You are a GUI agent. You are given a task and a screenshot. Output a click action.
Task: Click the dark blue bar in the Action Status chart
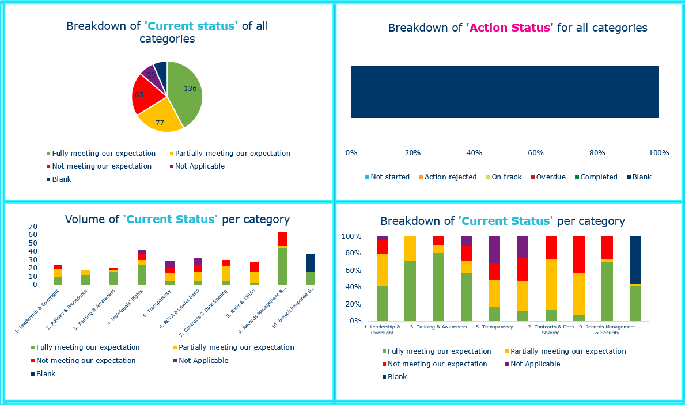pyautogui.click(x=505, y=91)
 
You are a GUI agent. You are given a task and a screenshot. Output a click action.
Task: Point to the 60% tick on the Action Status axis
pyautogui.click(x=536, y=153)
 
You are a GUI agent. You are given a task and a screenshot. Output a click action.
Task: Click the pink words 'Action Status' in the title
pyautogui.click(x=509, y=28)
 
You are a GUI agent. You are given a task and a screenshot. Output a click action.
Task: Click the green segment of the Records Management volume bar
pyautogui.click(x=282, y=266)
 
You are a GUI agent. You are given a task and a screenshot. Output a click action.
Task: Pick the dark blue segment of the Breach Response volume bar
pyautogui.click(x=310, y=262)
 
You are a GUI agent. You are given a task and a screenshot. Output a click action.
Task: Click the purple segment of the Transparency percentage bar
pyautogui.click(x=495, y=250)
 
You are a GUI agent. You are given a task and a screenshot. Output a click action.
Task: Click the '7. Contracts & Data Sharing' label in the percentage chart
pyautogui.click(x=551, y=330)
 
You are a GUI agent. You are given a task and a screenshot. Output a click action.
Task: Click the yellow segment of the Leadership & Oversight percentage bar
pyautogui.click(x=382, y=270)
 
